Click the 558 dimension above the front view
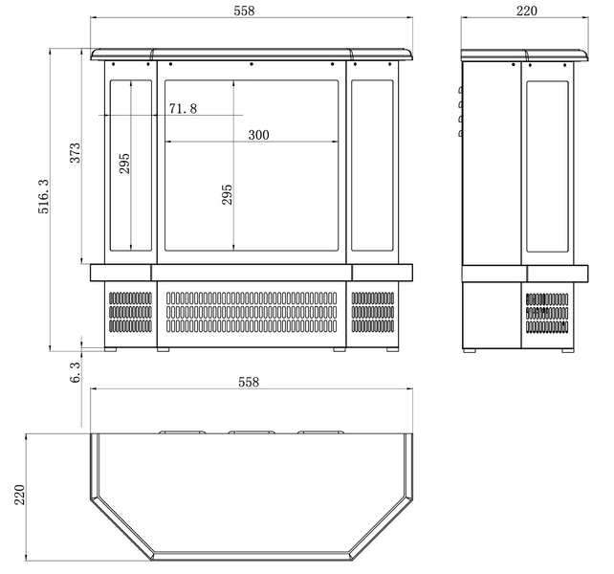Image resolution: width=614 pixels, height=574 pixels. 244,11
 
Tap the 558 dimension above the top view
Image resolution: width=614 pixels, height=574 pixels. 249,382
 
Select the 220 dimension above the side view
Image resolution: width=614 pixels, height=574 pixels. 526,11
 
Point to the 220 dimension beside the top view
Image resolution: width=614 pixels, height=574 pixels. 19,495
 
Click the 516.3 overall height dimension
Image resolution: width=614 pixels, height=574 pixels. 43,196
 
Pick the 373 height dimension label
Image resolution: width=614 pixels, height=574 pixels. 75,153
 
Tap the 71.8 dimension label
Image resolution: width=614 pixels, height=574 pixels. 183,108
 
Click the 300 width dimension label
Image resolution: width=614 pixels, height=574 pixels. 258,135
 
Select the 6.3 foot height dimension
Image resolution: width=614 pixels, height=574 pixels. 75,372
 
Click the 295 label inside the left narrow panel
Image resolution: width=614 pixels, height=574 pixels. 124,164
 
